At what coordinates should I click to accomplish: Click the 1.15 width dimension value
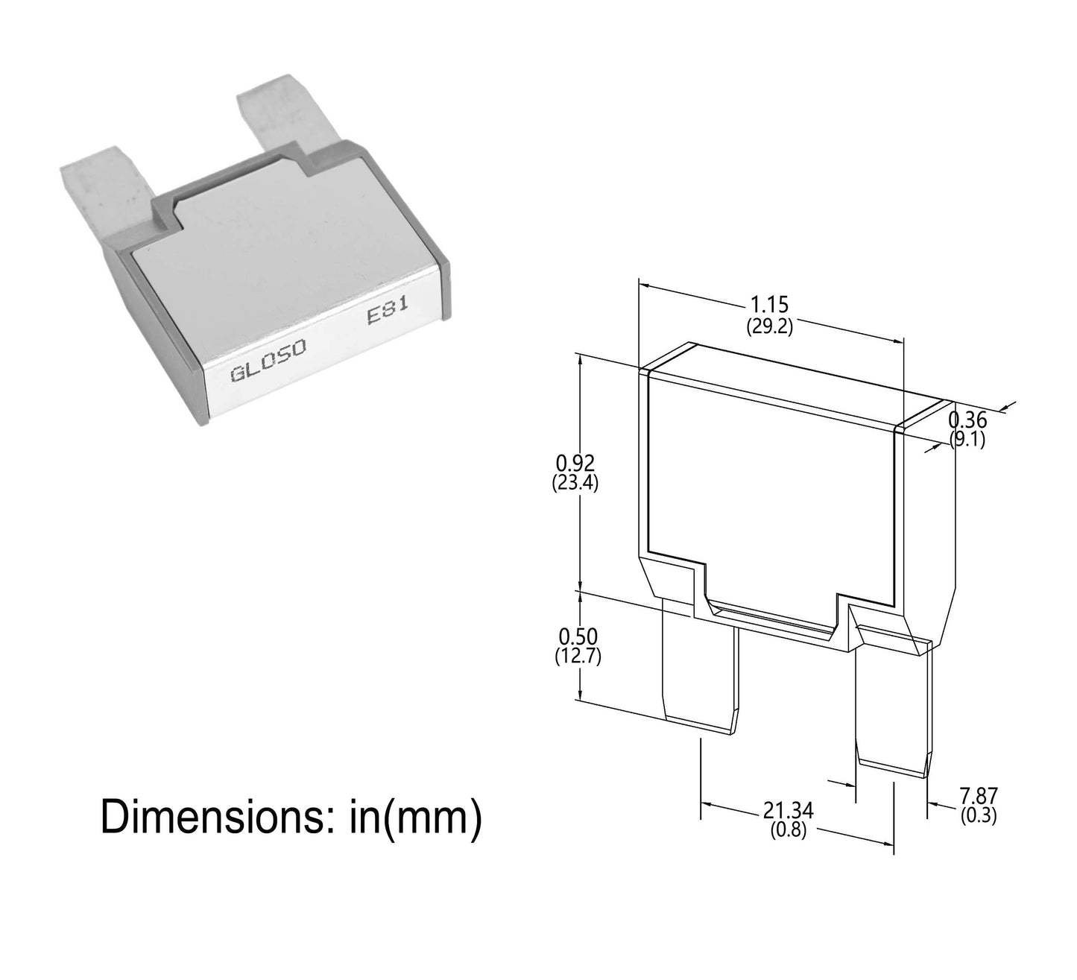pyautogui.click(x=770, y=305)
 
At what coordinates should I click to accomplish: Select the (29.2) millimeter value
pyautogui.click(x=770, y=326)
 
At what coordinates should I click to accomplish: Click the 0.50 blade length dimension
pyautogui.click(x=577, y=636)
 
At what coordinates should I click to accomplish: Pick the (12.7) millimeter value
pyautogui.click(x=578, y=657)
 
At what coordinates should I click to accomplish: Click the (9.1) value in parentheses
pyautogui.click(x=967, y=440)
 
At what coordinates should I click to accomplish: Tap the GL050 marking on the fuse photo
pyautogui.click(x=258, y=370)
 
